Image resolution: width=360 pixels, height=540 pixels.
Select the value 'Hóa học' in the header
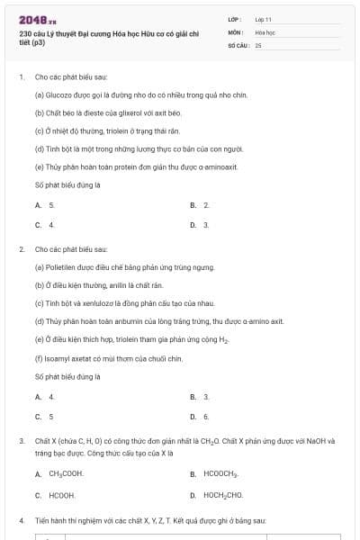point(264,31)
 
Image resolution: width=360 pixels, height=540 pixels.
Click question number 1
point(21,77)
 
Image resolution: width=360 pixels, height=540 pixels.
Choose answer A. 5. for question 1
point(45,205)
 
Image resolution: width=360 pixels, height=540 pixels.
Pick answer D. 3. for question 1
point(200,224)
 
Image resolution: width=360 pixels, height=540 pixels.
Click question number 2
point(21,248)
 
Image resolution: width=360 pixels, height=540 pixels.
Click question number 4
point(21,520)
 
